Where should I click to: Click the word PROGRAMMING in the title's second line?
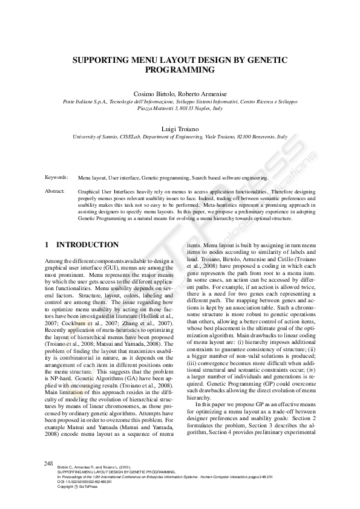(180, 70)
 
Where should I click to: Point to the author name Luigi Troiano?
(180, 129)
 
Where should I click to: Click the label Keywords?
(56, 178)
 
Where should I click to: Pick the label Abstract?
(55, 191)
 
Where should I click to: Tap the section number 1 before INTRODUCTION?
(47, 245)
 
